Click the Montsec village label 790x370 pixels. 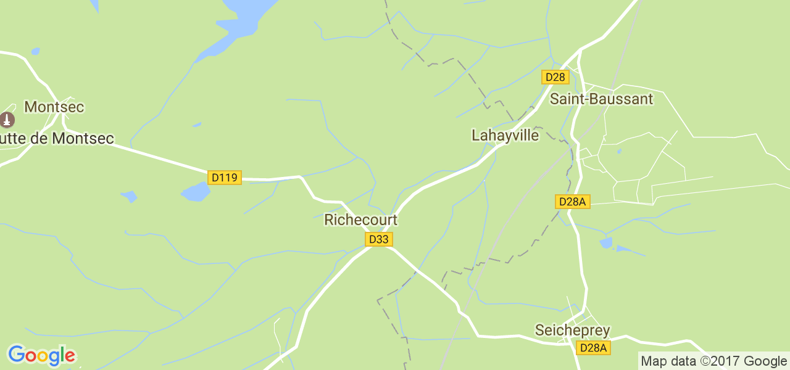[x=54, y=107]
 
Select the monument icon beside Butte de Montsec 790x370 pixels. [x=7, y=119]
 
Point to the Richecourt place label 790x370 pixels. [x=360, y=220]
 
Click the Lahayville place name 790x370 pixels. [x=505, y=135]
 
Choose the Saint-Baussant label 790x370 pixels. [x=601, y=99]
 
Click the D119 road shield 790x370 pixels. [x=224, y=178]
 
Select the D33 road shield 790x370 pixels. [x=378, y=239]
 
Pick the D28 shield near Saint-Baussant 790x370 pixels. [x=555, y=77]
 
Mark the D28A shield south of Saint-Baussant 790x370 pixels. [x=573, y=202]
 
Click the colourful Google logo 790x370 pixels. [x=41, y=355]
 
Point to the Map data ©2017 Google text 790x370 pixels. [x=713, y=361]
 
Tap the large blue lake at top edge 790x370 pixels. [x=247, y=15]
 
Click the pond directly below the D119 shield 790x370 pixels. [x=196, y=192]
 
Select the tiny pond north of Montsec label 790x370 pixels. [x=35, y=51]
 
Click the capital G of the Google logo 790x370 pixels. [x=16, y=355]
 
